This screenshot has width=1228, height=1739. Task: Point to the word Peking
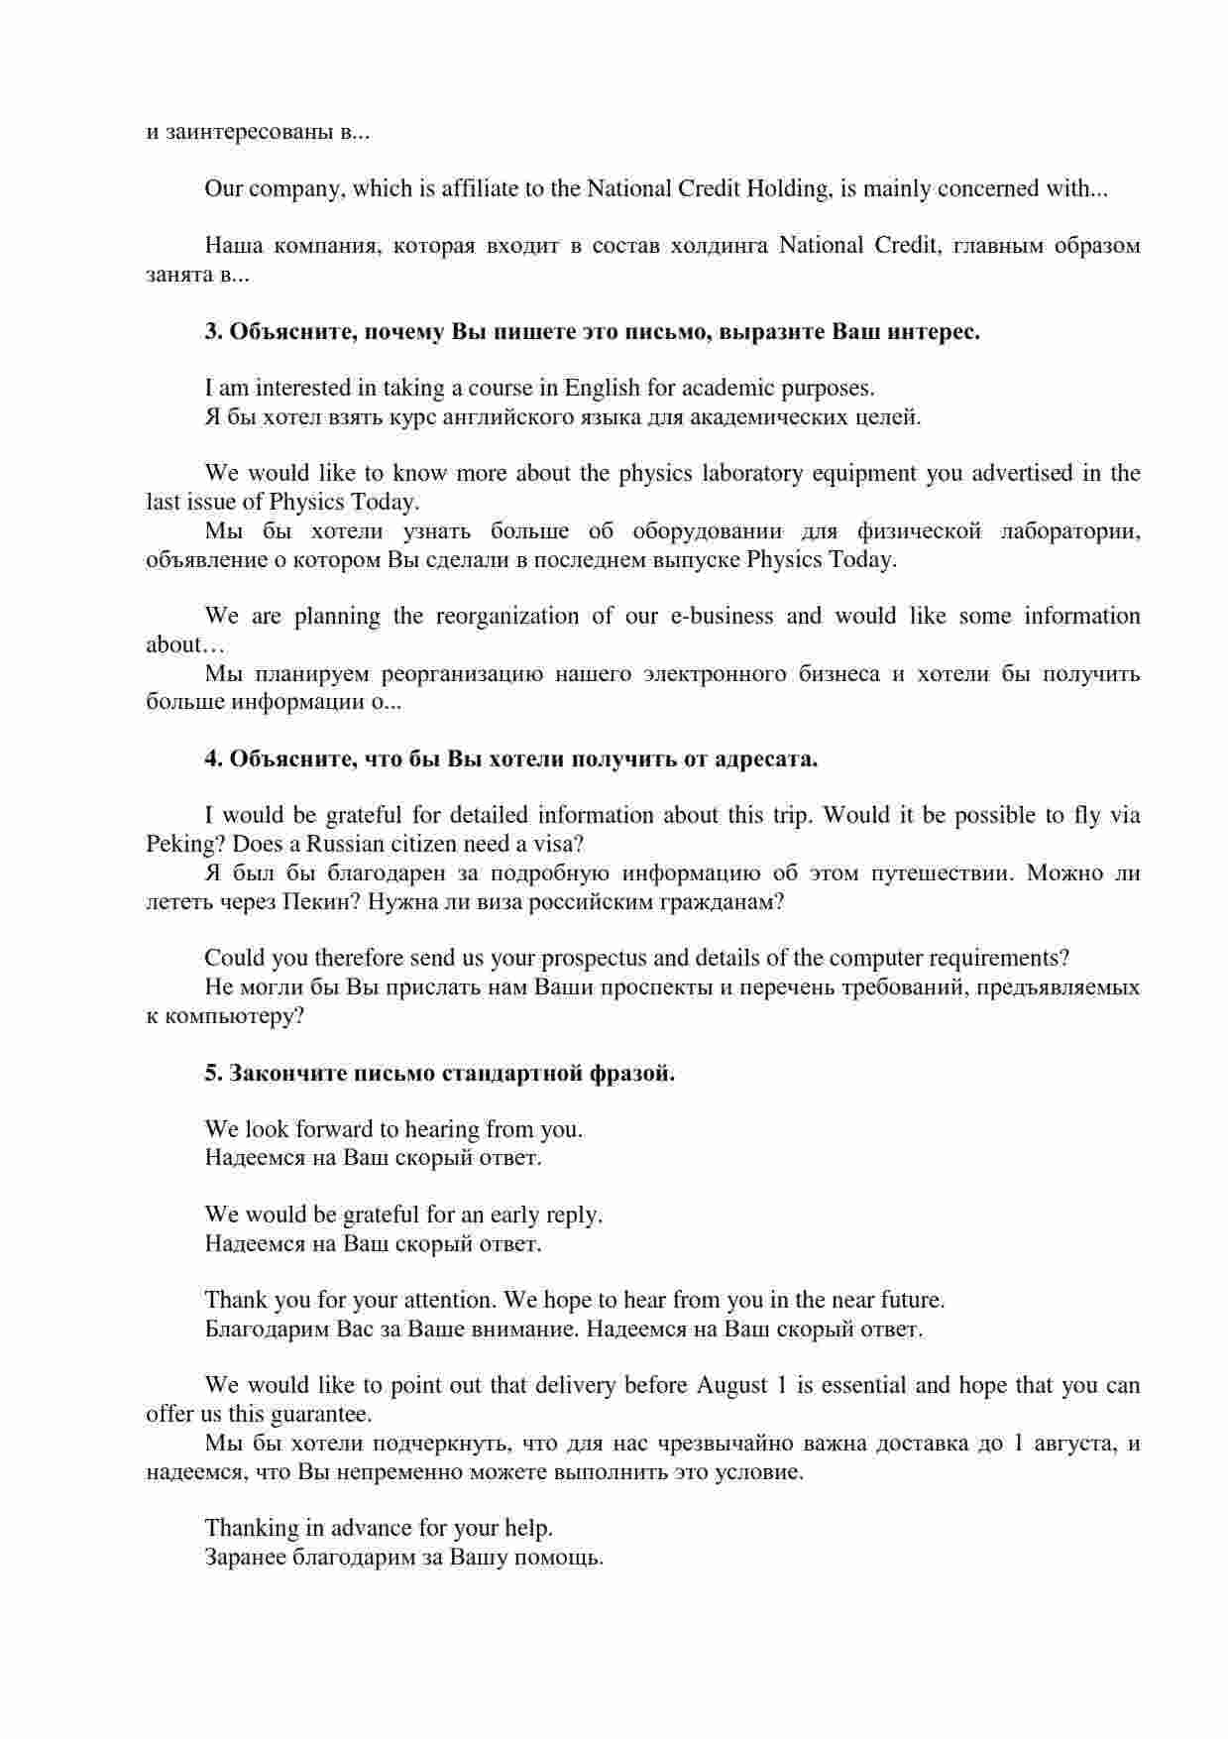coord(177,845)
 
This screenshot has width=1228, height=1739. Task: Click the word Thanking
coord(252,1528)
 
